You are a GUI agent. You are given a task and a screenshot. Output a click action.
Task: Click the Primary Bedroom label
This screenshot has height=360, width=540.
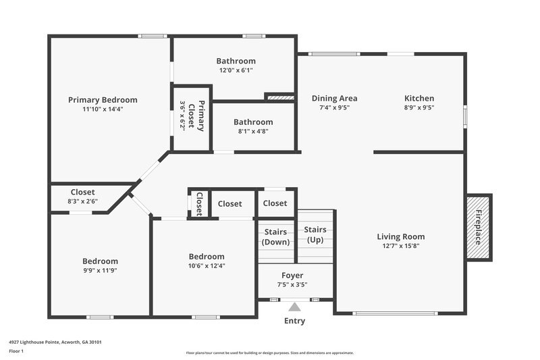pos(103,100)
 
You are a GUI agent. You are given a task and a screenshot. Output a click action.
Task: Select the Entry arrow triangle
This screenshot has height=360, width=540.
pos(295,307)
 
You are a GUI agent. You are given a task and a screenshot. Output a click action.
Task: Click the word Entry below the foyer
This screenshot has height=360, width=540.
pos(295,321)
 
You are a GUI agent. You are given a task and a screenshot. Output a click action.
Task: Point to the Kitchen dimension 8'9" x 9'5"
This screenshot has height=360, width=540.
pos(419,107)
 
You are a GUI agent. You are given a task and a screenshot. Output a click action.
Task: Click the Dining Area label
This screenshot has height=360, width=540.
pos(334,99)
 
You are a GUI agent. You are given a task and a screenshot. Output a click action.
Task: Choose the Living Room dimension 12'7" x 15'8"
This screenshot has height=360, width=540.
pos(400,246)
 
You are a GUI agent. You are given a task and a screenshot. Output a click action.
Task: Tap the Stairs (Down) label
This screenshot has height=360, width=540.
pos(277,237)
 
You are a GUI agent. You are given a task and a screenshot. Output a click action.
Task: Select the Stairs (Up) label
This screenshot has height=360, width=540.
pos(315,234)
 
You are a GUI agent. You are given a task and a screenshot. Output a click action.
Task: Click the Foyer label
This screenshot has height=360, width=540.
pos(292,275)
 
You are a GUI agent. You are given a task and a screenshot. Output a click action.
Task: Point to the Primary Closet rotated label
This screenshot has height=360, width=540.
pos(192,116)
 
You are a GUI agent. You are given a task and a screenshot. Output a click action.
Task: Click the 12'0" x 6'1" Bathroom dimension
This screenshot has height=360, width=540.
pos(236,70)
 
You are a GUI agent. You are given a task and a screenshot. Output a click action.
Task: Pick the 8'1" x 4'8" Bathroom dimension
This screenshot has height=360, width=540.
pos(253,131)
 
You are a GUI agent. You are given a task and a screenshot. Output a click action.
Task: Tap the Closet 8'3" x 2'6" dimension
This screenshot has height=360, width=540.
pos(82,201)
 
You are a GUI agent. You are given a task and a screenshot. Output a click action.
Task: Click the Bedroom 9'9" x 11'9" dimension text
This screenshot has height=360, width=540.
pos(100,270)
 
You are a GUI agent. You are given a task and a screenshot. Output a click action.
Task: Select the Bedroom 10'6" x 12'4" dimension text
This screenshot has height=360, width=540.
pos(206,265)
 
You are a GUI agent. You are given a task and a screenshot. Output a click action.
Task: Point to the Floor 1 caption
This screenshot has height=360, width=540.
pos(16,351)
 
